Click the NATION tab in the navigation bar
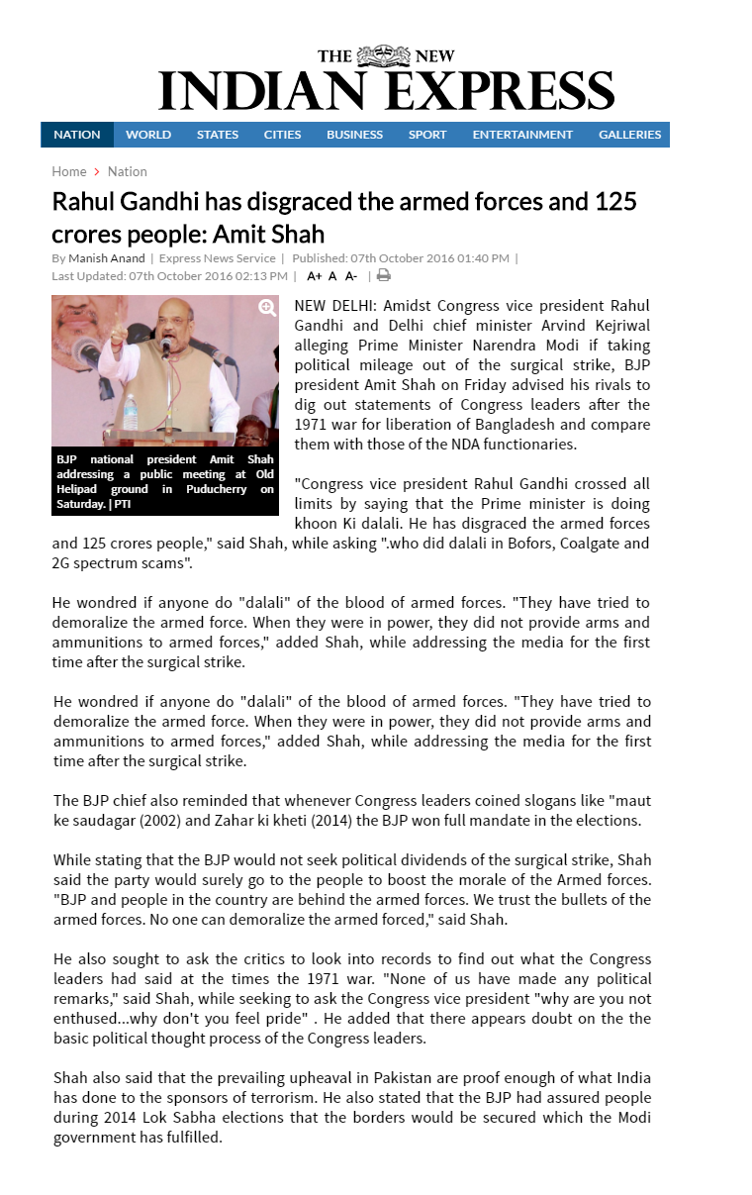tap(77, 135)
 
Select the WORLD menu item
tap(148, 135)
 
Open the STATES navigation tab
tap(218, 135)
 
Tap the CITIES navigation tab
tap(282, 135)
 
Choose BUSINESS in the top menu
tap(354, 135)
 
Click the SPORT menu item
tap(427, 135)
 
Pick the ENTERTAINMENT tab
tap(522, 135)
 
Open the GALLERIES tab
tap(629, 135)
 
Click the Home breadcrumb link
tap(69, 171)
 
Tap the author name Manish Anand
tap(107, 258)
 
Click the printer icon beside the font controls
tap(384, 276)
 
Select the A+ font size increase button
tap(315, 276)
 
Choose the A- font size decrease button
tap(351, 276)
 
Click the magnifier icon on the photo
tap(267, 307)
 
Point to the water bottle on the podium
tap(131, 411)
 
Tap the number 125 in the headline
tap(614, 202)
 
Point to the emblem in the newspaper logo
tap(382, 55)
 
